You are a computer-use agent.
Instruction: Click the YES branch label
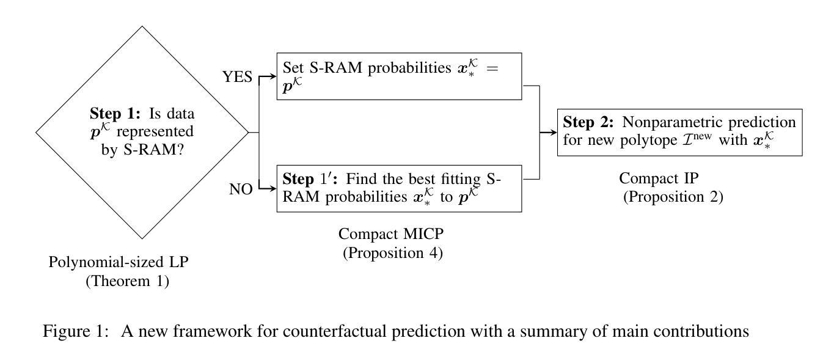tap(237, 76)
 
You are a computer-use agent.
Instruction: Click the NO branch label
tap(241, 189)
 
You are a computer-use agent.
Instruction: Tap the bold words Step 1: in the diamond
tap(115, 113)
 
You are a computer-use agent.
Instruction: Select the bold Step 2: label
tap(588, 122)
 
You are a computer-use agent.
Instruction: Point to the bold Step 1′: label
tap(310, 178)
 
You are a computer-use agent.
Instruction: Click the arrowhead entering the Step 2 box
tap(554, 132)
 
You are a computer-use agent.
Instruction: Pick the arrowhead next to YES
tap(273, 76)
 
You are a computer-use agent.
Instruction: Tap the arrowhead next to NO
tap(273, 189)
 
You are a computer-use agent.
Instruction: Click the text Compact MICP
tap(391, 234)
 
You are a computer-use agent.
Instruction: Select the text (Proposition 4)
tap(393, 253)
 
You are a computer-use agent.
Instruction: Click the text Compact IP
tap(659, 178)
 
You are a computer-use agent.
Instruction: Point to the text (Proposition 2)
tap(673, 197)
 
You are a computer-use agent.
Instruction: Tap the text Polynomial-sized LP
tap(119, 262)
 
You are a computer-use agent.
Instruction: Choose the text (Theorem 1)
tap(127, 281)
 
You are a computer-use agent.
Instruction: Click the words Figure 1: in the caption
tap(76, 331)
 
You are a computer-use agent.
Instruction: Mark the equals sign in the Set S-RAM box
tap(492, 68)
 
